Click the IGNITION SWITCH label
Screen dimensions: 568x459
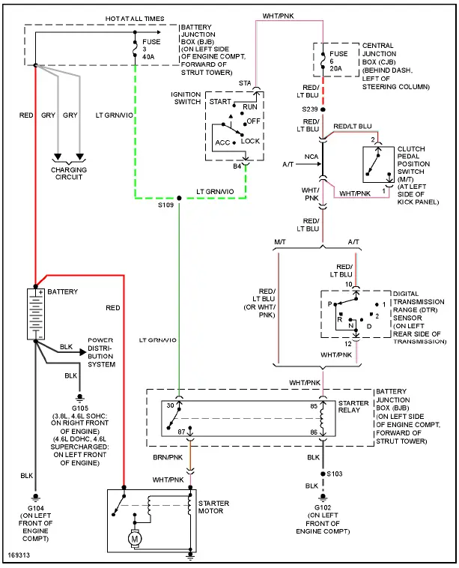[187, 98]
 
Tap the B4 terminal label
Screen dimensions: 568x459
[237, 166]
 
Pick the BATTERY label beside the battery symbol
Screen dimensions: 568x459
[64, 291]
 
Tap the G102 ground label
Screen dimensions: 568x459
[323, 510]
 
